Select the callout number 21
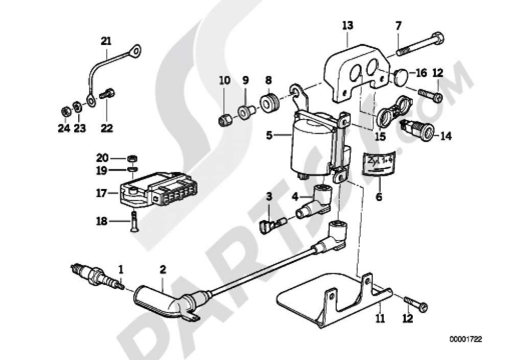coord(105,41)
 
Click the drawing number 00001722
coord(466,338)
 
